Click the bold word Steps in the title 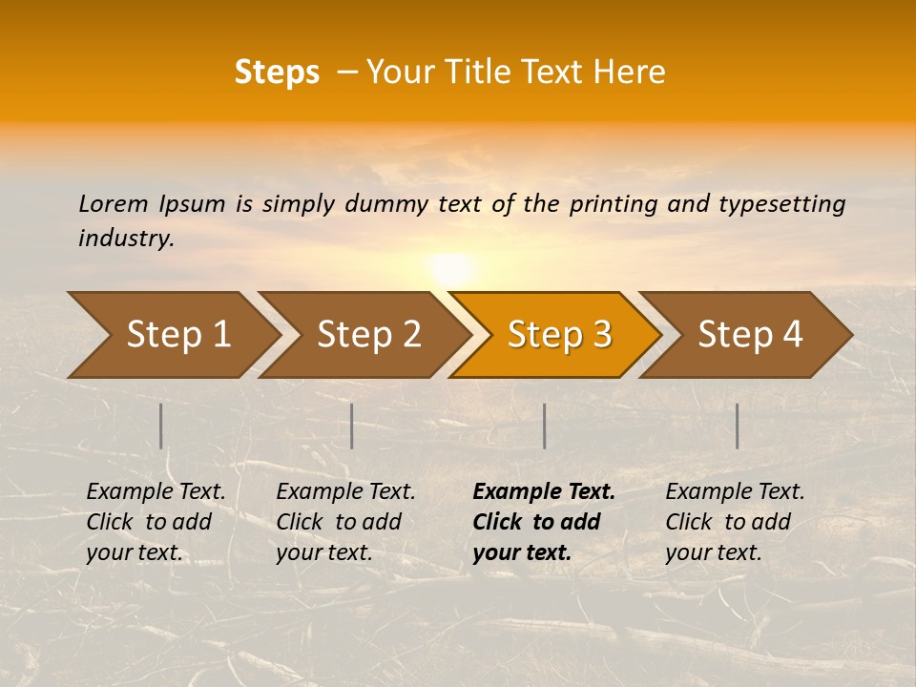[x=277, y=73]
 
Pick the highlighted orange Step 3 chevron [x=559, y=335]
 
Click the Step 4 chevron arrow [x=750, y=335]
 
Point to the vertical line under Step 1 [x=161, y=426]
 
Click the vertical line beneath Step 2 [x=352, y=426]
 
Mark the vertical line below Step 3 [x=544, y=426]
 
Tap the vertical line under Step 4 [x=738, y=426]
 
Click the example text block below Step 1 [x=156, y=522]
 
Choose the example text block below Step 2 [x=345, y=522]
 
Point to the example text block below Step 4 [x=735, y=522]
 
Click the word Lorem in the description [x=114, y=203]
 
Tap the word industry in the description [x=126, y=239]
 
